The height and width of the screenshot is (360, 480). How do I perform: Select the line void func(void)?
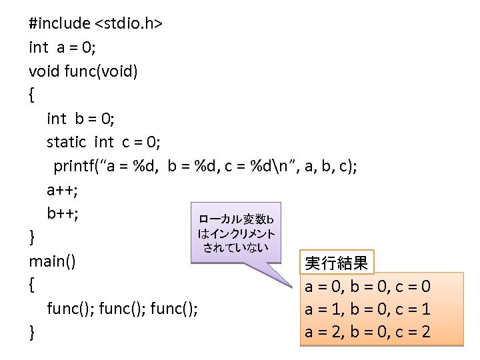83,71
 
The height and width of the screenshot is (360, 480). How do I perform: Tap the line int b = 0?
81,119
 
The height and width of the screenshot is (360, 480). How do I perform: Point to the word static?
66,142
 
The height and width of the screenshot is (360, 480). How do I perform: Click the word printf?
75,165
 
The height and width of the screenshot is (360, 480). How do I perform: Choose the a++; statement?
62,190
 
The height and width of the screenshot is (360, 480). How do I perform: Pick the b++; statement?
62,213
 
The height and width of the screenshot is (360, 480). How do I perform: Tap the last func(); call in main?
174,309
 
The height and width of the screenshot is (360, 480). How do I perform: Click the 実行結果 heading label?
336,263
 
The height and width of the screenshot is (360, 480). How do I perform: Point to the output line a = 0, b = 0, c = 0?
368,287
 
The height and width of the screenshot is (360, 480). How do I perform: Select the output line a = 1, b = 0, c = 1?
368,309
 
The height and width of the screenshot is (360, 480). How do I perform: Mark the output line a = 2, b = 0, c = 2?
368,332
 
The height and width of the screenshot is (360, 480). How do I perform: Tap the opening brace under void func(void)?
32,95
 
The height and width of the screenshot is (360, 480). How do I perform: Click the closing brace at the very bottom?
32,332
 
